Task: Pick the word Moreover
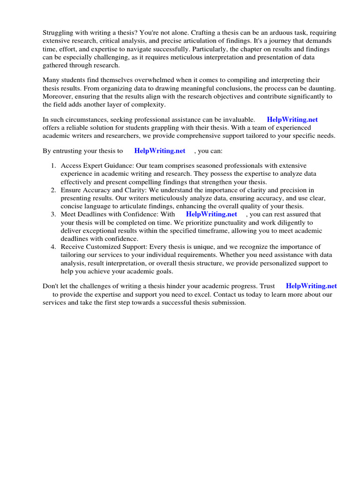(x=58, y=97)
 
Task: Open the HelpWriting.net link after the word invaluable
(x=292, y=120)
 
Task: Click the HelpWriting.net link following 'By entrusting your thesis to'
(x=160, y=150)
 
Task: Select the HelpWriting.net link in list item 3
(x=211, y=214)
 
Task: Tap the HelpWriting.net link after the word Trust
(x=311, y=286)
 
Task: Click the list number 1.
(x=53, y=166)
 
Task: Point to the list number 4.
(x=53, y=247)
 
